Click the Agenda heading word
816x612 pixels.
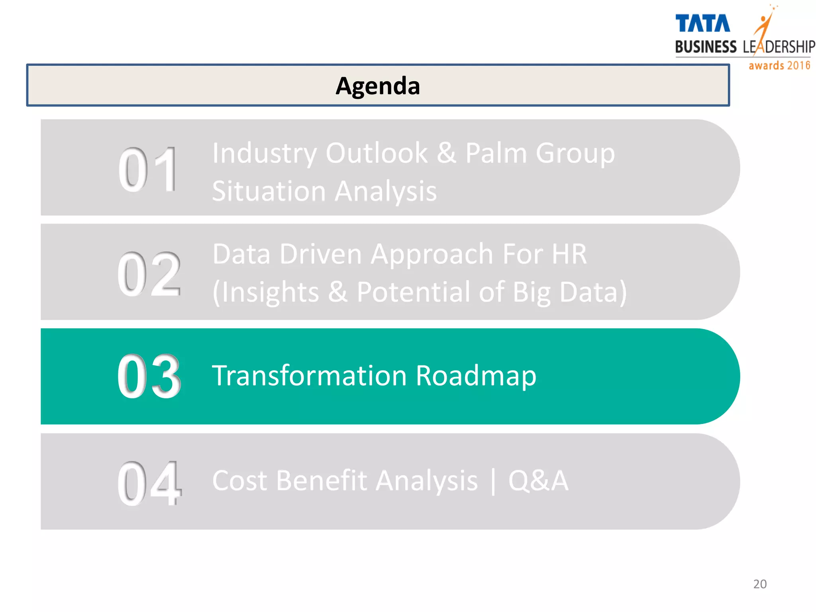click(x=378, y=86)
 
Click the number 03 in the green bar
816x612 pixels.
click(x=149, y=377)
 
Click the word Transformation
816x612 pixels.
click(x=309, y=376)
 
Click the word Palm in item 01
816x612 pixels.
click(x=496, y=153)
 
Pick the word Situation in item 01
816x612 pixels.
click(x=269, y=191)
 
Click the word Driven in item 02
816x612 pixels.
click(x=320, y=254)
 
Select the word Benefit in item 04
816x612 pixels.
click(x=322, y=481)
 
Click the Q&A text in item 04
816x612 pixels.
click(x=538, y=481)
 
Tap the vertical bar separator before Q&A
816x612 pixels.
click(x=493, y=481)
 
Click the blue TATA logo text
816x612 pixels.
click(x=702, y=24)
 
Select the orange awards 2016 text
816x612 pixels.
click(x=779, y=65)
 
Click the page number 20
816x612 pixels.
click(x=760, y=584)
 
